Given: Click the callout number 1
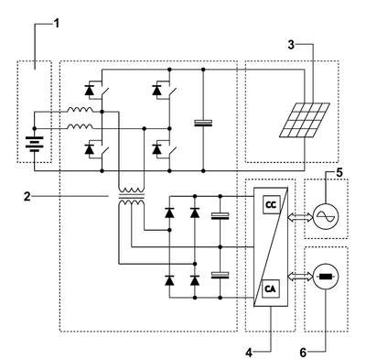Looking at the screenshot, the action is [x=56, y=24].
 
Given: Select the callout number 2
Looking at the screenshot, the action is [x=27, y=197].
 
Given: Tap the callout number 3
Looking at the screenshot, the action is [x=292, y=45].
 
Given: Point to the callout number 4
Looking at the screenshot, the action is [x=249, y=353].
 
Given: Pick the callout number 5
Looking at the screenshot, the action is [x=339, y=172].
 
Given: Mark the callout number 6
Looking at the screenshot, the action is [x=303, y=353].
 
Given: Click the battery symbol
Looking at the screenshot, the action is [x=34, y=145].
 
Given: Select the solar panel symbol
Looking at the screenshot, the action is [x=305, y=119].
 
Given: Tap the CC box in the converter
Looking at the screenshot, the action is [x=271, y=204].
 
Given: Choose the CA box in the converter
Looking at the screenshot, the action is [x=271, y=289].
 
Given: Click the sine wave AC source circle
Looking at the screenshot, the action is [x=326, y=216].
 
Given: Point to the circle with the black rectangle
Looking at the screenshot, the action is [x=326, y=278].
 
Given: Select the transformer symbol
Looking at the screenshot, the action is [x=132, y=198].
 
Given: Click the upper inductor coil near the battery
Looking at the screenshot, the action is [x=81, y=110].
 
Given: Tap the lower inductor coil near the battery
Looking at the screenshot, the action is [x=81, y=126].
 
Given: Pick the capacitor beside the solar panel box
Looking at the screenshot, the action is [x=203, y=123].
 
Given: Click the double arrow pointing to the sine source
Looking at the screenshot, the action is [x=300, y=217].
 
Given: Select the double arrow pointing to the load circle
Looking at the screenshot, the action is [x=300, y=277].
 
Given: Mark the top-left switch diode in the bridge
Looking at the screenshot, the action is [x=89, y=91].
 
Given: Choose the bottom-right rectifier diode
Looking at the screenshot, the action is [x=195, y=280].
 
